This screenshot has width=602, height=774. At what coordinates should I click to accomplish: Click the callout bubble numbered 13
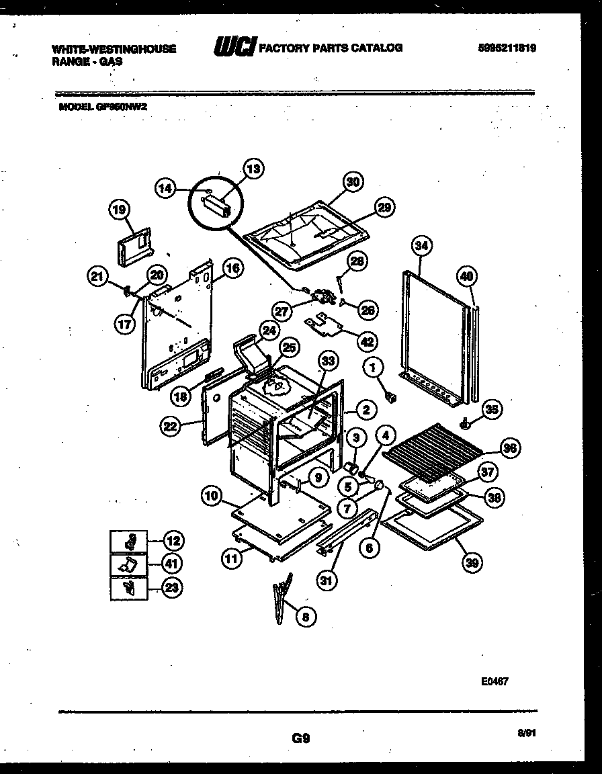point(254,169)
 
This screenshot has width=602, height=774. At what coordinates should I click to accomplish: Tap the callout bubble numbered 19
point(119,210)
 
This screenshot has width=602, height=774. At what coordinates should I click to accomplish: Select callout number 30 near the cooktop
point(353,181)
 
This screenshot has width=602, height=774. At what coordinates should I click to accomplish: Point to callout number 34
point(421,247)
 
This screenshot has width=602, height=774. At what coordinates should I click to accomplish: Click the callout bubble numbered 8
point(306,617)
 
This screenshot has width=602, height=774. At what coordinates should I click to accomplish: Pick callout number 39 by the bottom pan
point(472,564)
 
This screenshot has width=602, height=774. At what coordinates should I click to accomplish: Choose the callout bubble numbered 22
point(171,424)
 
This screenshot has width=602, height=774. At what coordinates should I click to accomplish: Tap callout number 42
point(367,341)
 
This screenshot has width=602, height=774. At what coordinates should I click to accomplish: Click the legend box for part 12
point(128,540)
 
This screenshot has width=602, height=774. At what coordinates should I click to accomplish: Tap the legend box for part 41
point(128,564)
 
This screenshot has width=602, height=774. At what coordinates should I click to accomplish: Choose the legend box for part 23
point(128,589)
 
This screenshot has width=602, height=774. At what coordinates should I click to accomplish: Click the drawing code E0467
point(494,681)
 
